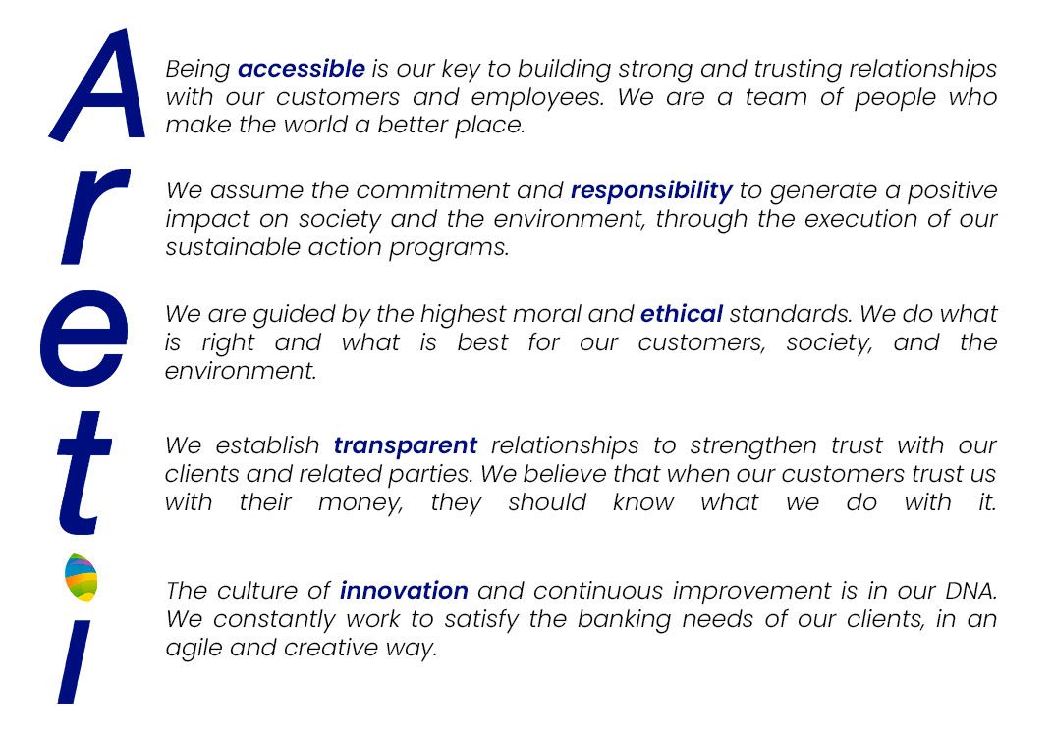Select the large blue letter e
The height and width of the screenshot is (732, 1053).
click(83, 339)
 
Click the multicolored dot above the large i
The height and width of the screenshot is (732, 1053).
click(81, 578)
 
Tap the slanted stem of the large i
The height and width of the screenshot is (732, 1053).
click(75, 661)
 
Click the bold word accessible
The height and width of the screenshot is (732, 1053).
click(302, 69)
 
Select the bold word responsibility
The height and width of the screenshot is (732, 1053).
click(651, 191)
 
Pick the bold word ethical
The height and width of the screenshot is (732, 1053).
click(682, 313)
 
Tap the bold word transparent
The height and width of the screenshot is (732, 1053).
click(406, 446)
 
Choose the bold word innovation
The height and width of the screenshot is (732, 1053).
click(405, 591)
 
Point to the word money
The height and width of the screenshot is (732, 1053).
click(360, 503)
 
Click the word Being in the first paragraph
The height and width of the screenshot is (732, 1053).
click(198, 70)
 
